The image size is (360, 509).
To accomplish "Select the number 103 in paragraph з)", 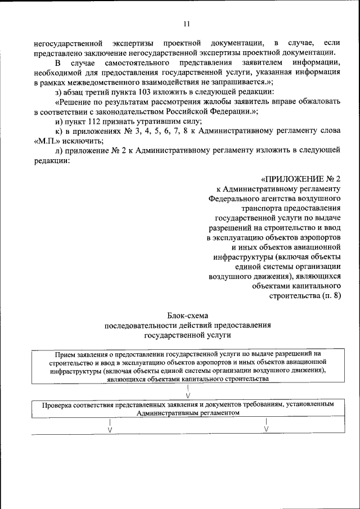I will [143, 92].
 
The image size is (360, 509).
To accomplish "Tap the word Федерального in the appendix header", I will [232, 199].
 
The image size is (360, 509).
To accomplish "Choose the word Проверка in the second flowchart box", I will [59, 405].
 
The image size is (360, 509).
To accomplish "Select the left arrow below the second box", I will [110, 426].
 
